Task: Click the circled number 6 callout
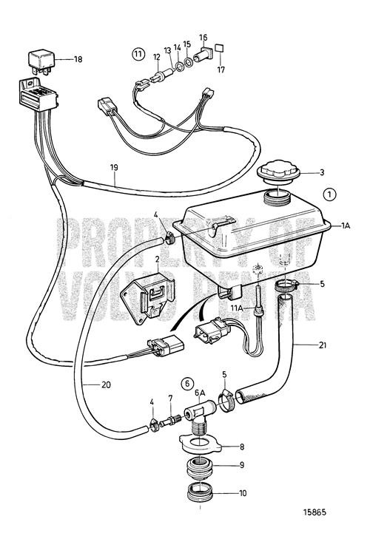[x=188, y=384]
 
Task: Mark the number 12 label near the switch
[x=156, y=57]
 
